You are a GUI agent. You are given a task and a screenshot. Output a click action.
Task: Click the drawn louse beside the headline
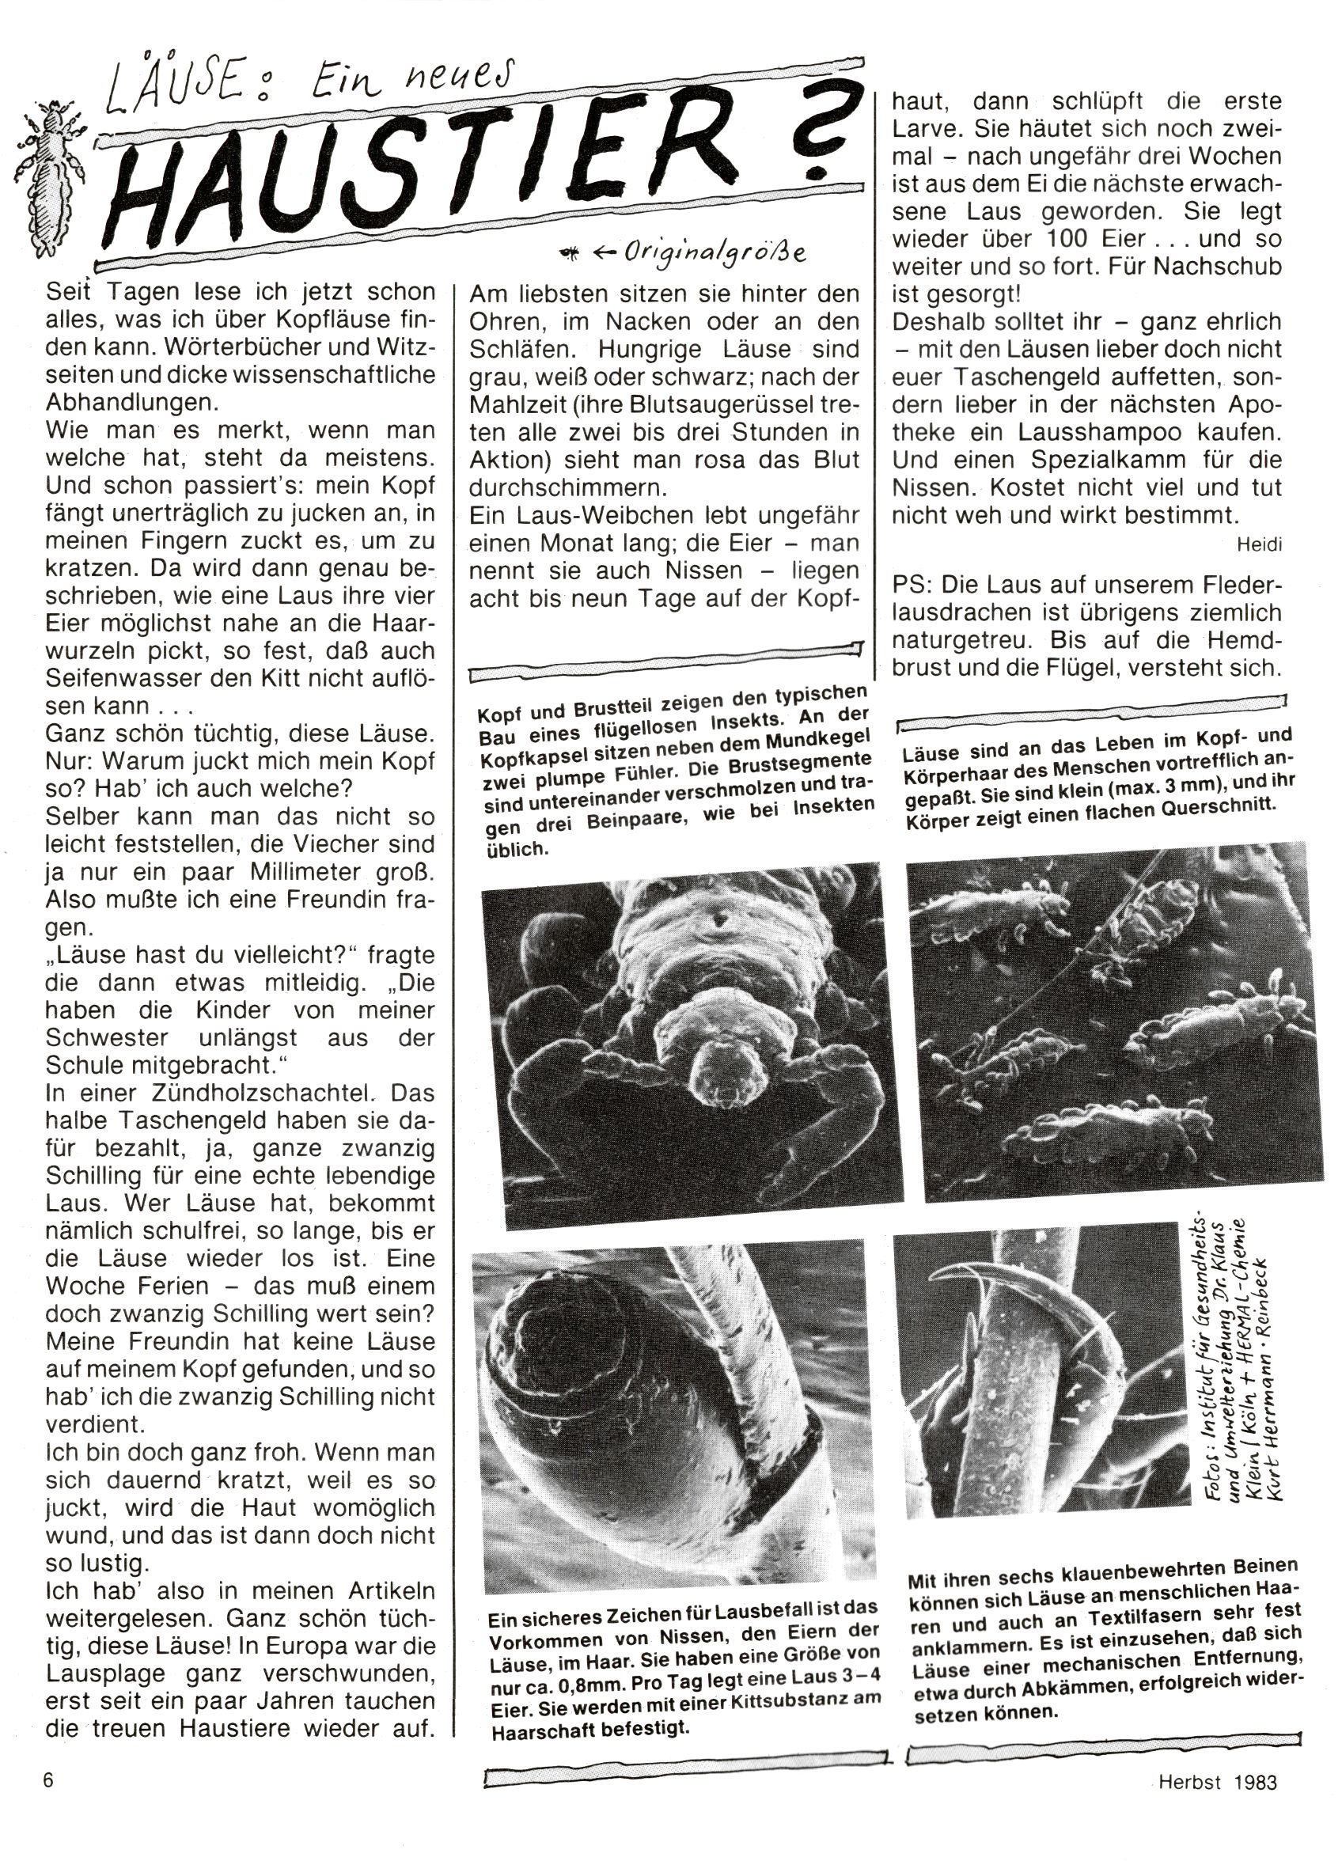[x=51, y=174]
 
